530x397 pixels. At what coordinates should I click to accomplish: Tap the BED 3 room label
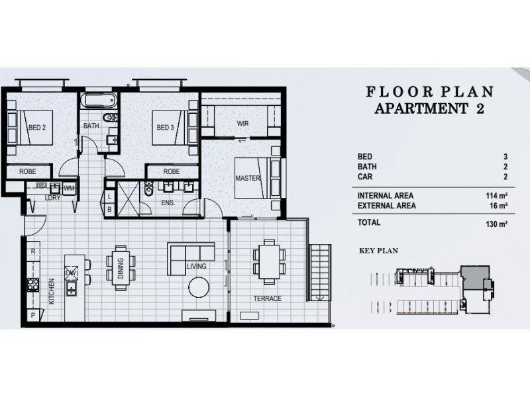[164, 128]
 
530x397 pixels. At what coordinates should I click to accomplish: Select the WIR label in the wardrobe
[242, 124]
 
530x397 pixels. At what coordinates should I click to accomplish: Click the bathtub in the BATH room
[99, 101]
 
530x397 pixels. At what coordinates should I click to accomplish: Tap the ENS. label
[168, 203]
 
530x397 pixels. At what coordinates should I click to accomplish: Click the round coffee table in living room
[198, 287]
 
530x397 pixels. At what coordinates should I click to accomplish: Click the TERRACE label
[267, 298]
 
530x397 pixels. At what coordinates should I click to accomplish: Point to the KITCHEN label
[52, 292]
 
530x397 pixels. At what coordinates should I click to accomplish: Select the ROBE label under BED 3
[171, 171]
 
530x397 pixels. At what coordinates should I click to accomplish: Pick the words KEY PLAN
[377, 251]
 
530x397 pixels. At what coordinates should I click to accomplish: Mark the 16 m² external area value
[498, 206]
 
